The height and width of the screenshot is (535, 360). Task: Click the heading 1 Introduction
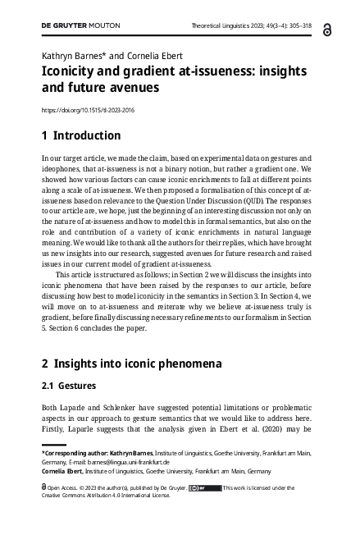tap(80, 136)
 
